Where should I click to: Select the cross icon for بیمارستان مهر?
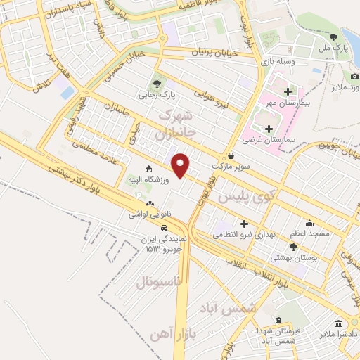point(287,92)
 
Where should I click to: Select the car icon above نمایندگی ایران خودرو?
point(164,228)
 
